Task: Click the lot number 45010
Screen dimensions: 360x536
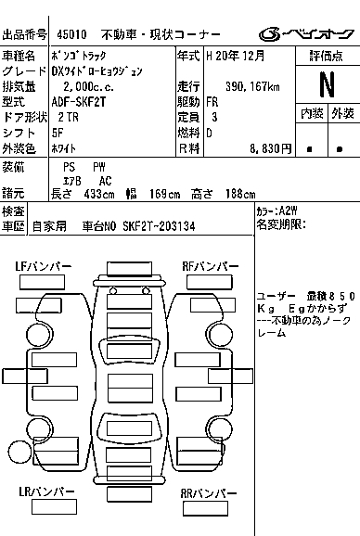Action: pos(71,34)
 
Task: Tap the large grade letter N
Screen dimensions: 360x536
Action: pos(327,84)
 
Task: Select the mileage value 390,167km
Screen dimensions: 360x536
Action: pos(252,86)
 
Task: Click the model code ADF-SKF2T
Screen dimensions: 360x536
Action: pos(79,102)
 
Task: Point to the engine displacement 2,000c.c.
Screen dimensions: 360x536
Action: pos(88,86)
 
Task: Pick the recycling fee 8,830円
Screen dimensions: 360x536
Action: pos(270,148)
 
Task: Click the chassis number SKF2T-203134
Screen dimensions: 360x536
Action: pos(159,226)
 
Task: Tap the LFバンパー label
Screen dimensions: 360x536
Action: pos(43,266)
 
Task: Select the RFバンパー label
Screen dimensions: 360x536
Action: pos(211,266)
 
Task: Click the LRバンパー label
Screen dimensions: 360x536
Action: pos(46,491)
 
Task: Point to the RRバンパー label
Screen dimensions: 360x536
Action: pos(209,493)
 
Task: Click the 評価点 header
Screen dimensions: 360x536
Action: pos(327,56)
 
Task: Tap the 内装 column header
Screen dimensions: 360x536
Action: pos(312,113)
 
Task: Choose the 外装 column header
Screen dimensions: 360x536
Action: pos(342,113)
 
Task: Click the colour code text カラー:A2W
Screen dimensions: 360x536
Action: pos(276,211)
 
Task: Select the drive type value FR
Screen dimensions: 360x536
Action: pos(212,102)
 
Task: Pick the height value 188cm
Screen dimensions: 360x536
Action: pos(240,194)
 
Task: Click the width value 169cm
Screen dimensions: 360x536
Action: pos(165,194)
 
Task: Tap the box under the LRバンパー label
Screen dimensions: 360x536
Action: pos(54,507)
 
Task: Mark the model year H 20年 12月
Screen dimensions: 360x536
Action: pos(236,56)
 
